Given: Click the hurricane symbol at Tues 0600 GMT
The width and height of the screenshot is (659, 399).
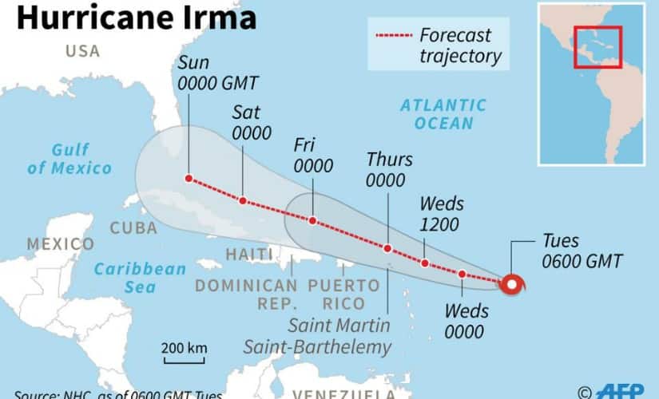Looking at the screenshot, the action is click(511, 283).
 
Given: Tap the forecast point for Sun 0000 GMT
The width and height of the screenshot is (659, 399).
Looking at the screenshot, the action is click(189, 179).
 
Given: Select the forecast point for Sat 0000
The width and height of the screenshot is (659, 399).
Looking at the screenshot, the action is click(243, 200).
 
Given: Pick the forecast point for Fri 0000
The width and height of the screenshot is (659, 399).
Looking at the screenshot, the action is click(313, 220).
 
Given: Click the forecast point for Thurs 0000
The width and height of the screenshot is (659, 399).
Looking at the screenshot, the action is click(387, 248).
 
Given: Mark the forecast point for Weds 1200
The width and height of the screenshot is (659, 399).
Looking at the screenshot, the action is click(425, 263).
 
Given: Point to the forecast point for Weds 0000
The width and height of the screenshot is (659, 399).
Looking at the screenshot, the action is click(462, 275).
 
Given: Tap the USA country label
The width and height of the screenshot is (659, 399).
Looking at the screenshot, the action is click(83, 51).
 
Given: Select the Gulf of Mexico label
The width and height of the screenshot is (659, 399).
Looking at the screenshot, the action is click(69, 159).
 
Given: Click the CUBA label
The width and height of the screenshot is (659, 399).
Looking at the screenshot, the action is click(133, 227).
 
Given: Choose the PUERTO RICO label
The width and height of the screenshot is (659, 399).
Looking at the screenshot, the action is click(344, 294).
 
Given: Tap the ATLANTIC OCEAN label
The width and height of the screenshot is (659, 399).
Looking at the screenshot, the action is click(443, 114).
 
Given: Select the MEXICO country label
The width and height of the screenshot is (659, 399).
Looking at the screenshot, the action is click(60, 243).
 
